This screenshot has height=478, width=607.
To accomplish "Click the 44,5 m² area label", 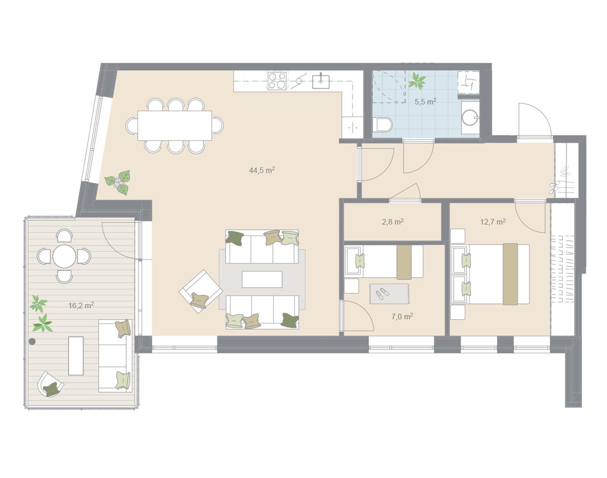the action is click(262, 170).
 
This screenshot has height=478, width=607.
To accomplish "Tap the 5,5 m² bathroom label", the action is click(425, 101).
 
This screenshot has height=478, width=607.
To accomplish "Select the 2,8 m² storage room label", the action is click(393, 221).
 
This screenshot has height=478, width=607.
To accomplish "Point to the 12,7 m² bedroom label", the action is click(493, 221).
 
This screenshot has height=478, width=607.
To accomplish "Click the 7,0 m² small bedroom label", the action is click(402, 316).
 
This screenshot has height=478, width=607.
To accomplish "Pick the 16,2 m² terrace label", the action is click(81, 305).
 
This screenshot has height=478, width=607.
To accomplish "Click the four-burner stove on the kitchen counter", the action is click(277, 81).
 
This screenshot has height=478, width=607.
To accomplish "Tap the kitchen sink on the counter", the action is click(321, 82).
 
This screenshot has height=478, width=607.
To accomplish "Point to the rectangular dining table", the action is click(175, 126).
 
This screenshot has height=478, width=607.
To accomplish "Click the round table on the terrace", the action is click(64, 256).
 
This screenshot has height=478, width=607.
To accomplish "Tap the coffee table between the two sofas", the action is click(262, 279).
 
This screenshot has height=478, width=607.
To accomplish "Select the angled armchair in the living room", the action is click(201, 291).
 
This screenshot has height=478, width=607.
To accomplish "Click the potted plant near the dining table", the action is click(118, 182).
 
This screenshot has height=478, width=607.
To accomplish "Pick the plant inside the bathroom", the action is click(417, 81).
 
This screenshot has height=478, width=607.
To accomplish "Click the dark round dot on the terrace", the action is click(32, 341).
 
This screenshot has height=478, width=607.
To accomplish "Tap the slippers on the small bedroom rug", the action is click(382, 294).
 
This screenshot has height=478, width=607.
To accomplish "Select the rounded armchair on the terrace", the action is click(50, 384).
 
